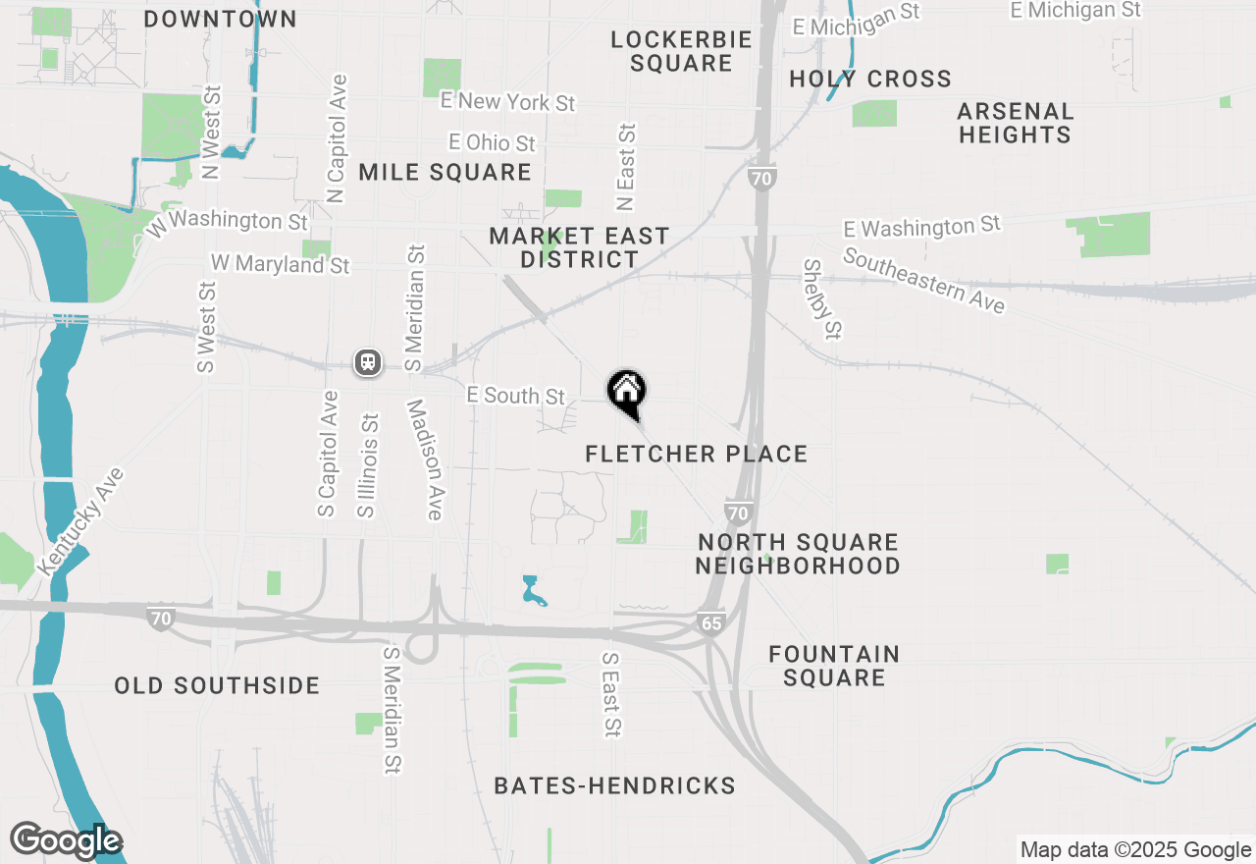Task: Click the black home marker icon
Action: point(627,391)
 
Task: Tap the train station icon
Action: point(368,362)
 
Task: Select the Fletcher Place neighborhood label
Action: point(696,454)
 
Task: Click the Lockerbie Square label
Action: point(681,51)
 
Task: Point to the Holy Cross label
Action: point(869,79)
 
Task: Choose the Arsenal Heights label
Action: point(1015,123)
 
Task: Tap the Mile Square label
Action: point(445,173)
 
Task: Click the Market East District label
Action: point(579,247)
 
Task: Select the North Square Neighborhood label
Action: point(798,554)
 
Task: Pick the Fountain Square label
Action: point(834,666)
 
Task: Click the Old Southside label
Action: point(217,685)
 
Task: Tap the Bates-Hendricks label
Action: point(614,785)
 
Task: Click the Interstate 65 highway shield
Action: point(711,622)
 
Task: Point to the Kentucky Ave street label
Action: point(81,521)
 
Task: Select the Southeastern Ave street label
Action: point(923,281)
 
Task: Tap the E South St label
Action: point(516,395)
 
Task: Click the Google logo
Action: point(66,840)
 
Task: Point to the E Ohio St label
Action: point(492,142)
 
